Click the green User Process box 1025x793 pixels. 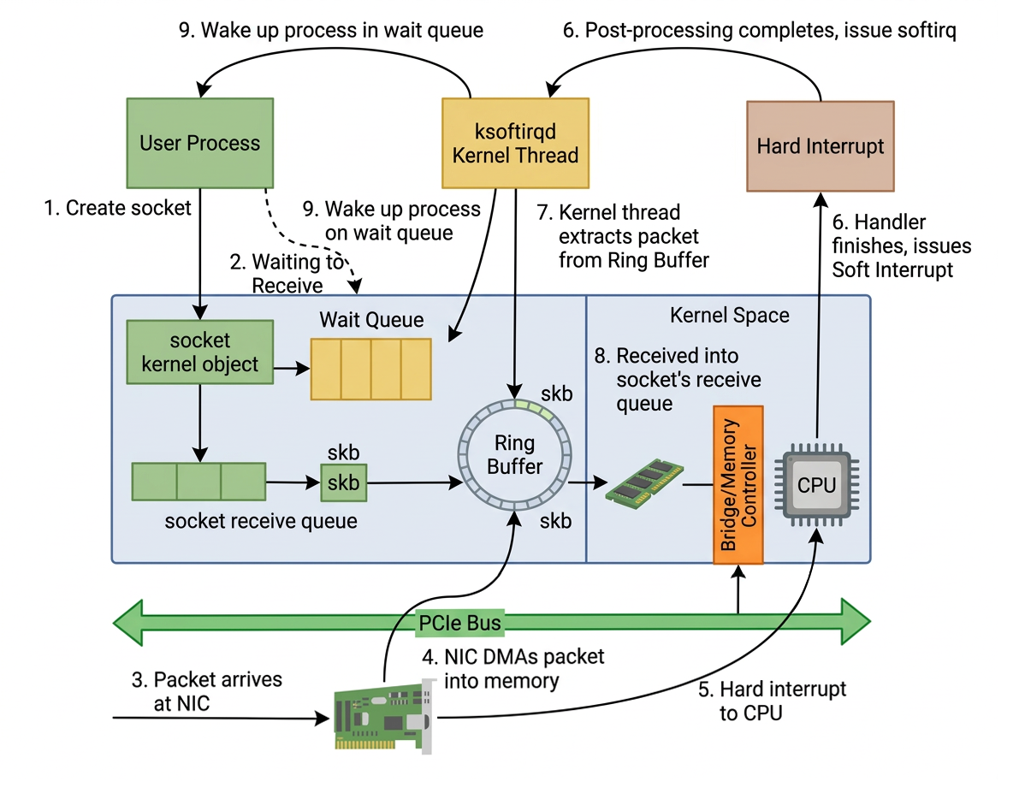pyautogui.click(x=199, y=143)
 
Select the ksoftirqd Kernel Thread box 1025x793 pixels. pyautogui.click(x=515, y=143)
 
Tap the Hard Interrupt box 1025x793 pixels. pyautogui.click(x=820, y=146)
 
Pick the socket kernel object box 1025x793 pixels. pyautogui.click(x=199, y=352)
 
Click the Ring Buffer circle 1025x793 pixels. pyautogui.click(x=515, y=455)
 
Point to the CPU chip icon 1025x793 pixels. pyautogui.click(x=816, y=485)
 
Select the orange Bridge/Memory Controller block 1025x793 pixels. pyautogui.click(x=738, y=485)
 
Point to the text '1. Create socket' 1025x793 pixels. pyautogui.click(x=117, y=208)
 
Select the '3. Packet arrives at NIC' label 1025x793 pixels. pyautogui.click(x=206, y=691)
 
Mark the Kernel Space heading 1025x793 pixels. pyautogui.click(x=729, y=316)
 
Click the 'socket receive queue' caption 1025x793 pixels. pyautogui.click(x=260, y=520)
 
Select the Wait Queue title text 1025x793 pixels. pyautogui.click(x=371, y=320)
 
